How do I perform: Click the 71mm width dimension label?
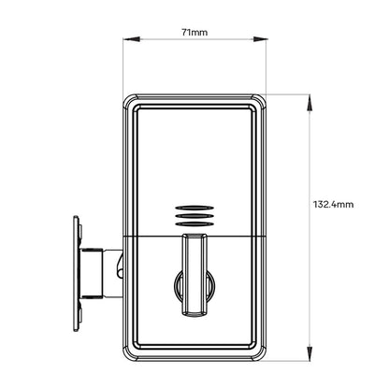194,31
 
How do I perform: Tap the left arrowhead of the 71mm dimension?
129,39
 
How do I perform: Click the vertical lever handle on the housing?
194,276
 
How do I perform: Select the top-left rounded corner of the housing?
130,100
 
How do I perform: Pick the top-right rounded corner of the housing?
262,100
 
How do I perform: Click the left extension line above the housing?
125,65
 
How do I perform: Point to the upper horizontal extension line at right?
290,94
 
